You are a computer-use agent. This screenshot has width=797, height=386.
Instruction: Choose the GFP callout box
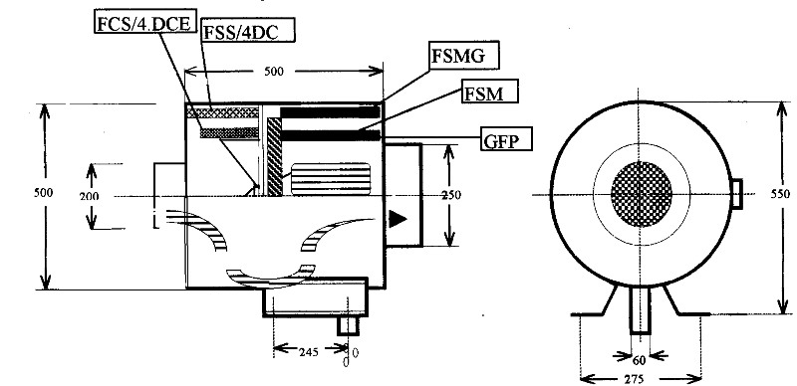click(504, 138)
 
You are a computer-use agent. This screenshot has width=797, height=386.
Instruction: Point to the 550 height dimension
click(780, 195)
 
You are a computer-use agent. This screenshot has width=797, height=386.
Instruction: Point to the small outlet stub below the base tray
click(349, 324)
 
